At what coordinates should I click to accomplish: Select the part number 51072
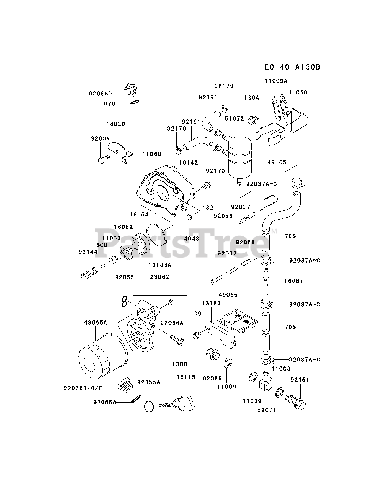[234, 119]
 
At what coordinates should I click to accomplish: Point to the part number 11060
[152, 154]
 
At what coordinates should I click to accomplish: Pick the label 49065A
[95, 323]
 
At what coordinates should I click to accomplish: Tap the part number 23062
[160, 277]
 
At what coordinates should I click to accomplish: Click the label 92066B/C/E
[83, 388]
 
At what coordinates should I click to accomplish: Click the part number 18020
[116, 124]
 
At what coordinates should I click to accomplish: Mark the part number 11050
[298, 92]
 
